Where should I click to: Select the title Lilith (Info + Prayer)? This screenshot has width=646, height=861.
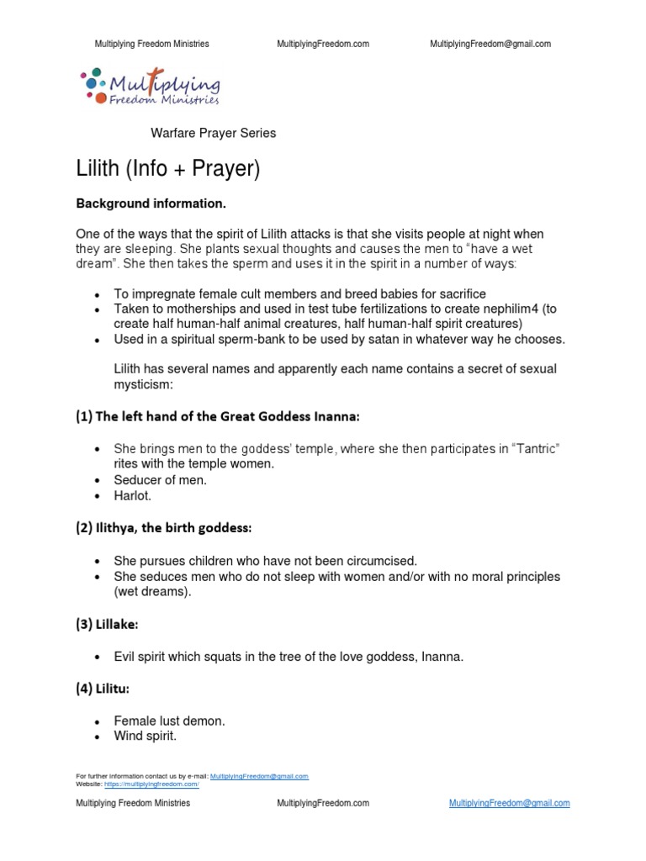click(x=168, y=169)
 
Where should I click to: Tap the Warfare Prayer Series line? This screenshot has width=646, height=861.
click(x=213, y=133)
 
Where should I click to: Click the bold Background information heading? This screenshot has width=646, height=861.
click(x=151, y=203)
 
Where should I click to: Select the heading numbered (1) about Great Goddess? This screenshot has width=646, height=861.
click(x=220, y=416)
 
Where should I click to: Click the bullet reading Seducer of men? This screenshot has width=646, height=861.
click(x=161, y=479)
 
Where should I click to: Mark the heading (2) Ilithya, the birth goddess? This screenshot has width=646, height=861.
click(x=164, y=527)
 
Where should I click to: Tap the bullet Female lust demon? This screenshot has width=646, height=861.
click(x=170, y=721)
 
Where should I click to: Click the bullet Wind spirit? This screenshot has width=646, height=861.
click(x=146, y=737)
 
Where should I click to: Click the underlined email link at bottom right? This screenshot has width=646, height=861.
click(x=509, y=803)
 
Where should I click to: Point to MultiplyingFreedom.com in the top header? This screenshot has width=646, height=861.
click(x=323, y=44)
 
